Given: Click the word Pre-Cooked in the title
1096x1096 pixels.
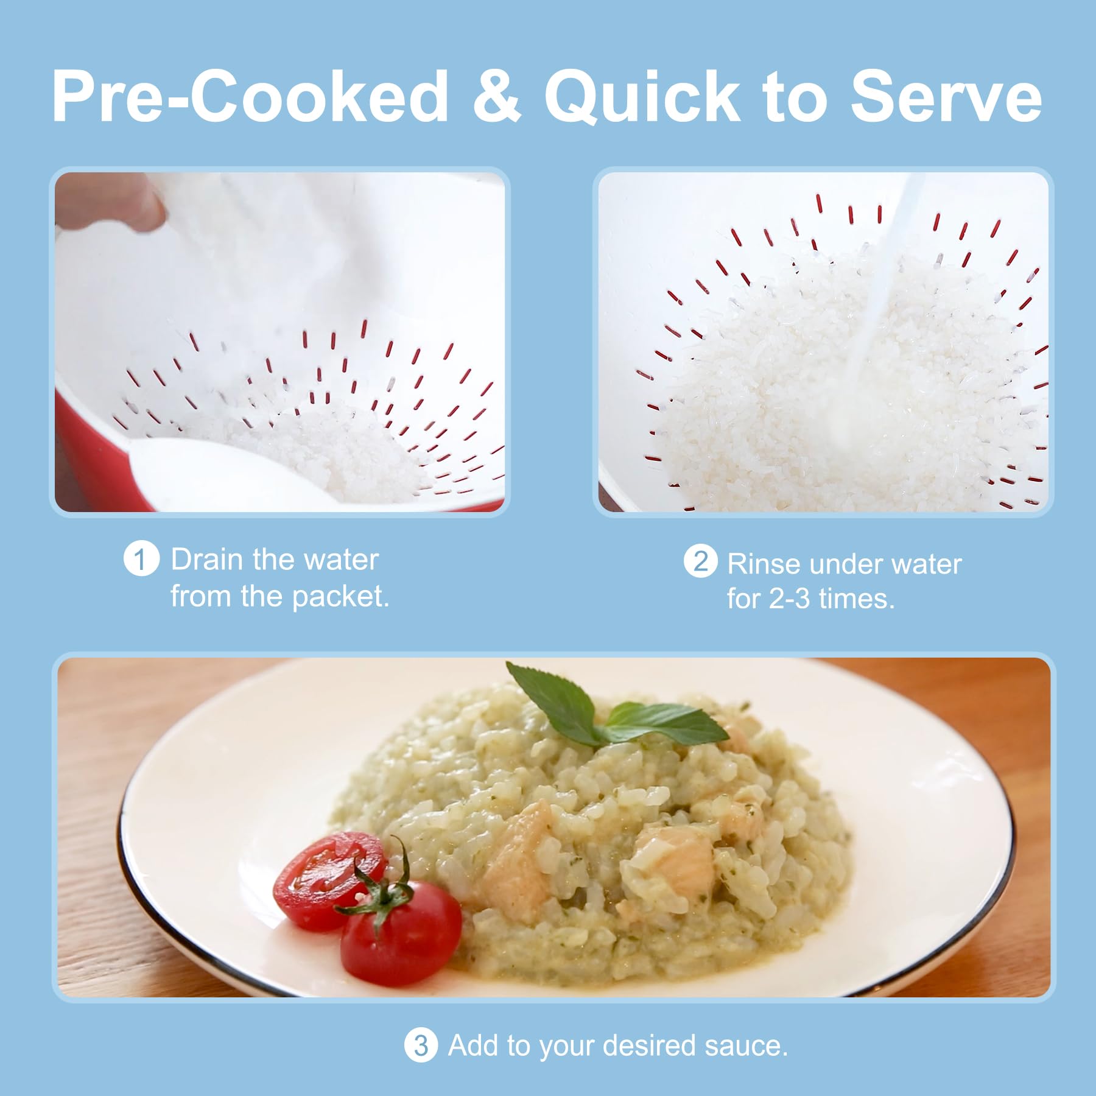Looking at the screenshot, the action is click(250, 96).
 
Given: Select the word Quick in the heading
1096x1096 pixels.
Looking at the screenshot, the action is click(642, 96).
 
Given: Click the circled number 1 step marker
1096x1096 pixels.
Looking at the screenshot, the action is click(141, 559).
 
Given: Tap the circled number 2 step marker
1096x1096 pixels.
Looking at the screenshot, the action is click(700, 561).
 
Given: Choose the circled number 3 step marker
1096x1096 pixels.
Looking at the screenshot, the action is click(421, 1045).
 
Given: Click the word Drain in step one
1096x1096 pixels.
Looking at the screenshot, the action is click(207, 559).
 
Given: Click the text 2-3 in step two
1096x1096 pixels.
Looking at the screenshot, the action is click(789, 599).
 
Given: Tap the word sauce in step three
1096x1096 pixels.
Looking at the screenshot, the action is click(746, 1046).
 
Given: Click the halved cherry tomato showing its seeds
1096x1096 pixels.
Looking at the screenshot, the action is click(329, 880).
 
